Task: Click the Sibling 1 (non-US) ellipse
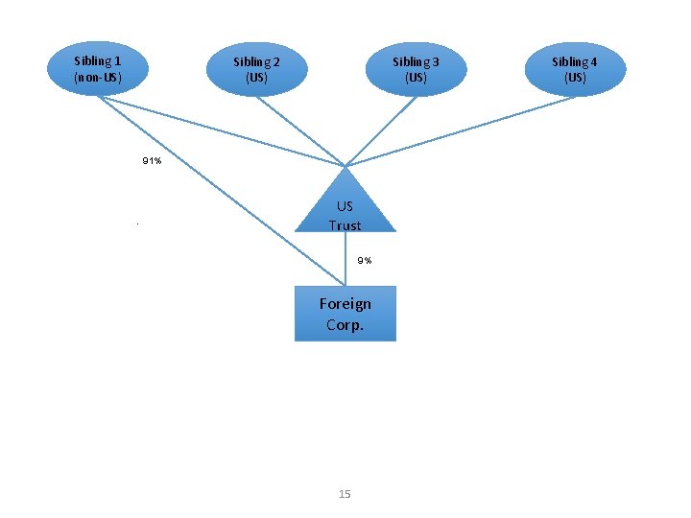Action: (x=98, y=68)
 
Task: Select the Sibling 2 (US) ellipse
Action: (x=256, y=69)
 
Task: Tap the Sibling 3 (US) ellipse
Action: (x=416, y=69)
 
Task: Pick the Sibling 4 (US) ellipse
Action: (x=575, y=69)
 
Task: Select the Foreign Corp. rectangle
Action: (x=345, y=314)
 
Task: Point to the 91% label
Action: (x=152, y=161)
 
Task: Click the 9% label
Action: (x=365, y=261)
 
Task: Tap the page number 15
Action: (x=345, y=494)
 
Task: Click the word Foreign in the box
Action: (x=345, y=304)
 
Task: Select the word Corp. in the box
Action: (x=345, y=325)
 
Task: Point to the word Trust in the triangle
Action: (x=345, y=225)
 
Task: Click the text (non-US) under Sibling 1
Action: (x=98, y=77)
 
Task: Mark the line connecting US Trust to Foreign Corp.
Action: (x=345, y=259)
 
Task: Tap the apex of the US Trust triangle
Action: (x=345, y=169)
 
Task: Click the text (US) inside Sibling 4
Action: (x=575, y=78)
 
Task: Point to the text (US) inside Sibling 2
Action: (x=256, y=78)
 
